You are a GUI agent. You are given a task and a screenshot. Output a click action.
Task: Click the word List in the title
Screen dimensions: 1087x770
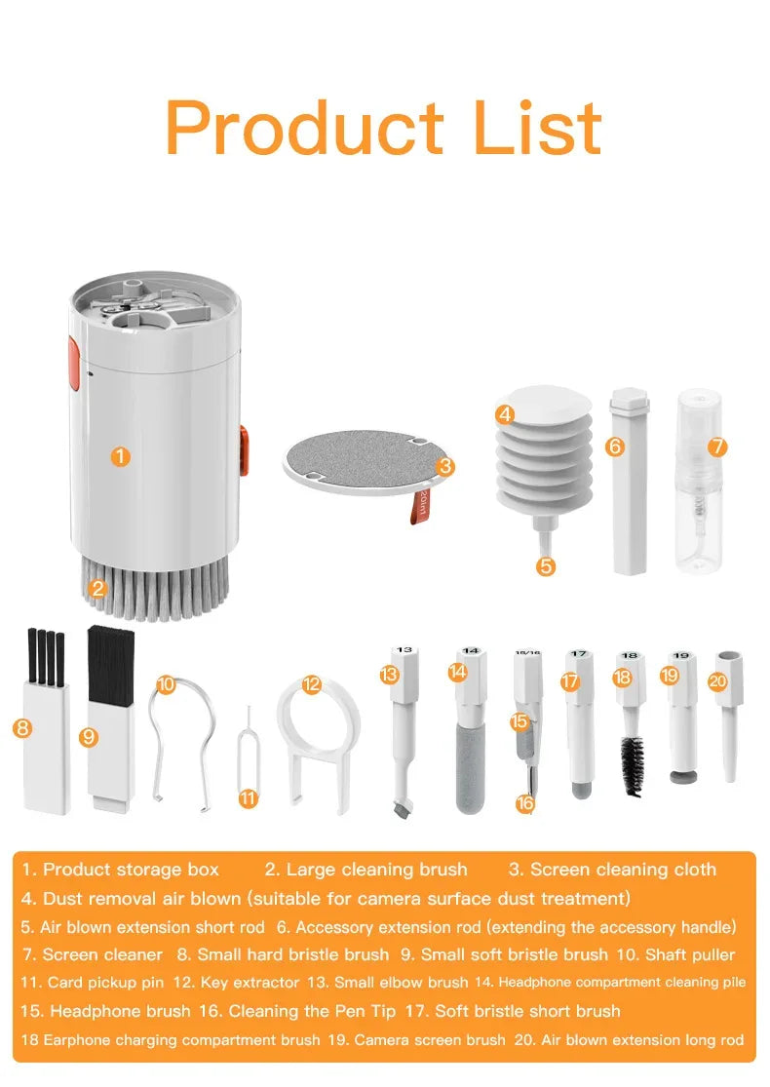click(x=537, y=128)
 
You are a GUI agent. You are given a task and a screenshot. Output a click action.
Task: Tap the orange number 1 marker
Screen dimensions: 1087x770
click(x=120, y=456)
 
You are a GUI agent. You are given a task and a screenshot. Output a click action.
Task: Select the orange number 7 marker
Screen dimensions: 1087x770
click(x=717, y=446)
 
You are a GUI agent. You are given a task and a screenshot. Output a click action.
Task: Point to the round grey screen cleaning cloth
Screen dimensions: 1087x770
click(x=356, y=458)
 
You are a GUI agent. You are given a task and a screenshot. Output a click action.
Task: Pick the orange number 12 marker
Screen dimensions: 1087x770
click(x=311, y=684)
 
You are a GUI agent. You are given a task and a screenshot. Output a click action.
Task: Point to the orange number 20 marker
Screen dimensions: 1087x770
click(x=717, y=681)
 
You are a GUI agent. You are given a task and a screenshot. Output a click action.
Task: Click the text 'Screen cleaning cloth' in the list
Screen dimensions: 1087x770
click(x=624, y=870)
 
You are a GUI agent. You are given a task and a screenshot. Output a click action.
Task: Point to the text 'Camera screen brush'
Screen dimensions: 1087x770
click(x=430, y=1040)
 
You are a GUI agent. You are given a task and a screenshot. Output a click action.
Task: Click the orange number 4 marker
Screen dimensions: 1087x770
click(x=504, y=414)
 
